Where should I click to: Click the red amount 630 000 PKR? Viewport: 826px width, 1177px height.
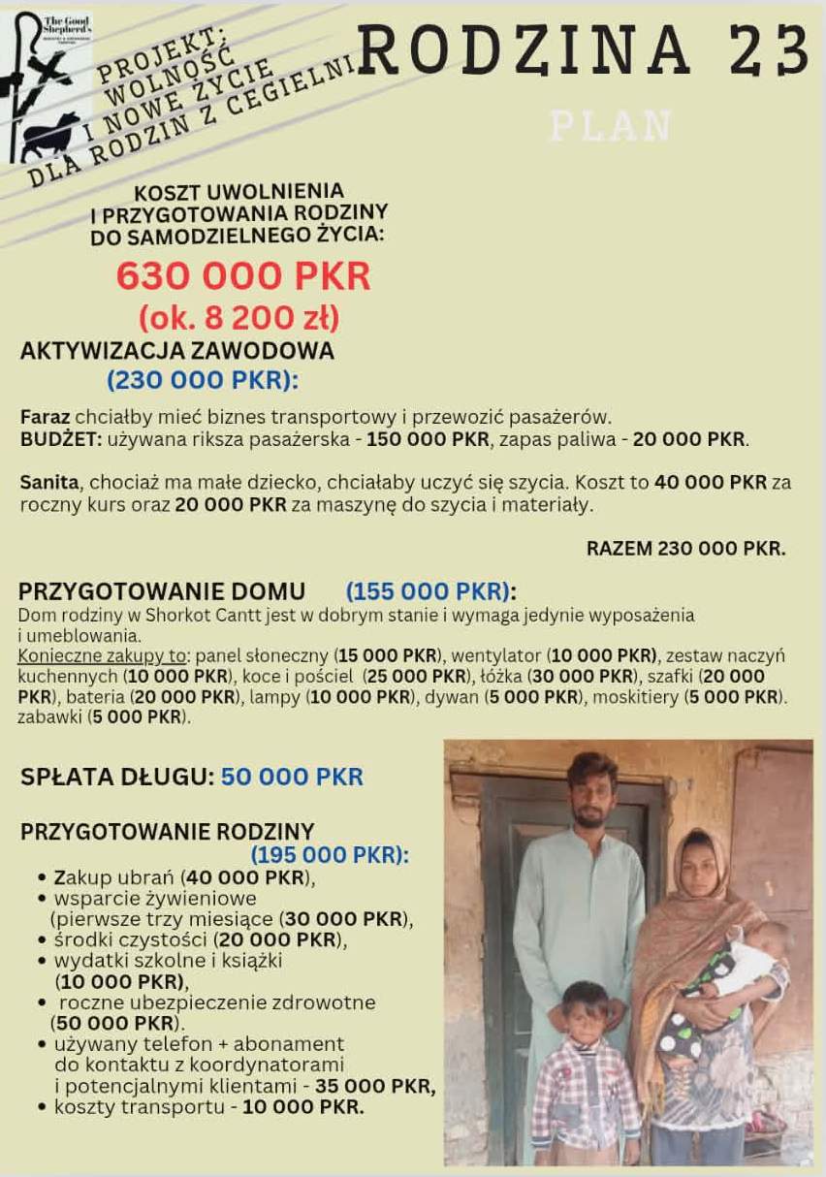243,276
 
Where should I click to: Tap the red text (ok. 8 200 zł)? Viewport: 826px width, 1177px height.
238,317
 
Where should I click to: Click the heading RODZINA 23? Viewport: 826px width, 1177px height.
584,50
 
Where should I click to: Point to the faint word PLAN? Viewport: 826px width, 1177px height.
610,126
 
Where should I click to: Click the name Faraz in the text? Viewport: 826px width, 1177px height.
45,417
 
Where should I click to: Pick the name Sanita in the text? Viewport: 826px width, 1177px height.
49,482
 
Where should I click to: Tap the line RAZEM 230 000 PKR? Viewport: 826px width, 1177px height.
685,549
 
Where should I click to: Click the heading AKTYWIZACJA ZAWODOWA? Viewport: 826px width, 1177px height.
176,350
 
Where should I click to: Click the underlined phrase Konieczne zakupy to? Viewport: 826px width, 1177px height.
102,654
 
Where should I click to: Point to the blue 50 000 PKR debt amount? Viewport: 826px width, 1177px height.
292,777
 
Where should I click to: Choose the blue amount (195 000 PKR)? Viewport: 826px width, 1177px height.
330,855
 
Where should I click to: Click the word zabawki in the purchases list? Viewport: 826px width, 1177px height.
49,718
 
